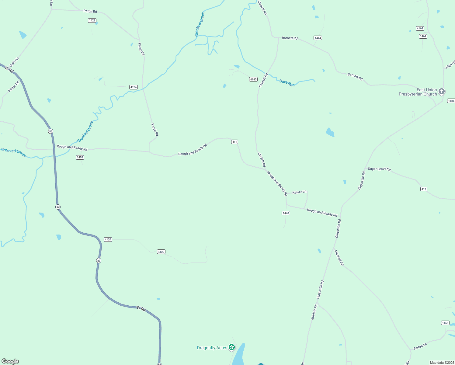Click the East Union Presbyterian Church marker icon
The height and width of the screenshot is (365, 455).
click(x=442, y=91)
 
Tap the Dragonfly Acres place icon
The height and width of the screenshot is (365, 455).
click(x=232, y=347)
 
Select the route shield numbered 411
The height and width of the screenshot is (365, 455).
click(x=234, y=142)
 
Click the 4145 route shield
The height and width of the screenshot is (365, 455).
click(x=253, y=79)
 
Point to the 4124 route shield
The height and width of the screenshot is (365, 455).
click(x=134, y=87)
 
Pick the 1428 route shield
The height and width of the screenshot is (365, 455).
click(x=92, y=20)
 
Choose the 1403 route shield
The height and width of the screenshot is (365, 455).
click(x=80, y=157)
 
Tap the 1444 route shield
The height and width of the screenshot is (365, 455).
click(x=318, y=38)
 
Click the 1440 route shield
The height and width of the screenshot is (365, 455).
click(x=286, y=213)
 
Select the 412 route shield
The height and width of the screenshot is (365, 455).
click(x=424, y=189)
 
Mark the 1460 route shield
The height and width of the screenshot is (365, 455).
click(x=445, y=323)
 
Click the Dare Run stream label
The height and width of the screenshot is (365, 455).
click(x=287, y=83)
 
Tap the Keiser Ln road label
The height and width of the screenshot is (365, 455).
click(x=299, y=192)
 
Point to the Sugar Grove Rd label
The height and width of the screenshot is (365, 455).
click(x=379, y=169)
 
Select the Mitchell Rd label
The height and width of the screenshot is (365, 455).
click(x=339, y=258)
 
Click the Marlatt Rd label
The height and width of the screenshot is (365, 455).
click(x=314, y=312)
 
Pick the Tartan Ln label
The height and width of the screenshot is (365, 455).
click(x=420, y=346)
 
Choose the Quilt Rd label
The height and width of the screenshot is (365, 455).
click(x=14, y=62)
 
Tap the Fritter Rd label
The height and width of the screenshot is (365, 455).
click(x=14, y=86)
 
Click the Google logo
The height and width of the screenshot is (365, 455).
click(x=10, y=361)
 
